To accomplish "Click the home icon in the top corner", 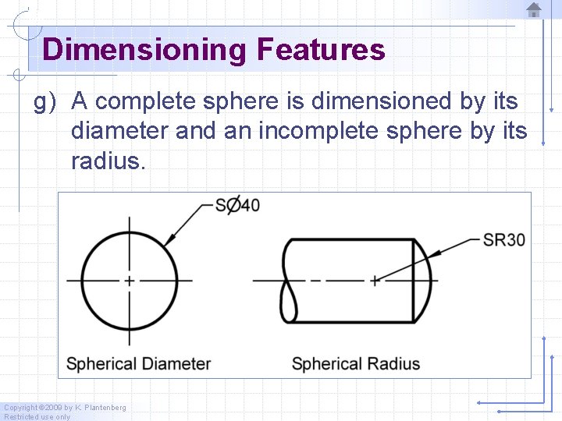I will pos(534,9).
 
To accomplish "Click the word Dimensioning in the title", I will pos(144,50).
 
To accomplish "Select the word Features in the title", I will pos(320,50).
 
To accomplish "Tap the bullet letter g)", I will pos(47,102).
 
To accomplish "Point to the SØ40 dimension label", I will pos(237,205).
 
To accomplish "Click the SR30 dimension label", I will pos(503,239).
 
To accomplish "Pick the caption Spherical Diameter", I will pos(139,363).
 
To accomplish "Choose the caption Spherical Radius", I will pos(355,363).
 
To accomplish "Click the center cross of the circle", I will pos(130,279).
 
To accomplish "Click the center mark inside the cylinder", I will pos(375,279).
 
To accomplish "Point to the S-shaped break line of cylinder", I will pos(288,279).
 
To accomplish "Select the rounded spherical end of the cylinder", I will pos(422,279).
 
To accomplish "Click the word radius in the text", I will pos(108,161).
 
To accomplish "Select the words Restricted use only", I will pos(37,417).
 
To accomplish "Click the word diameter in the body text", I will pos(119,131).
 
